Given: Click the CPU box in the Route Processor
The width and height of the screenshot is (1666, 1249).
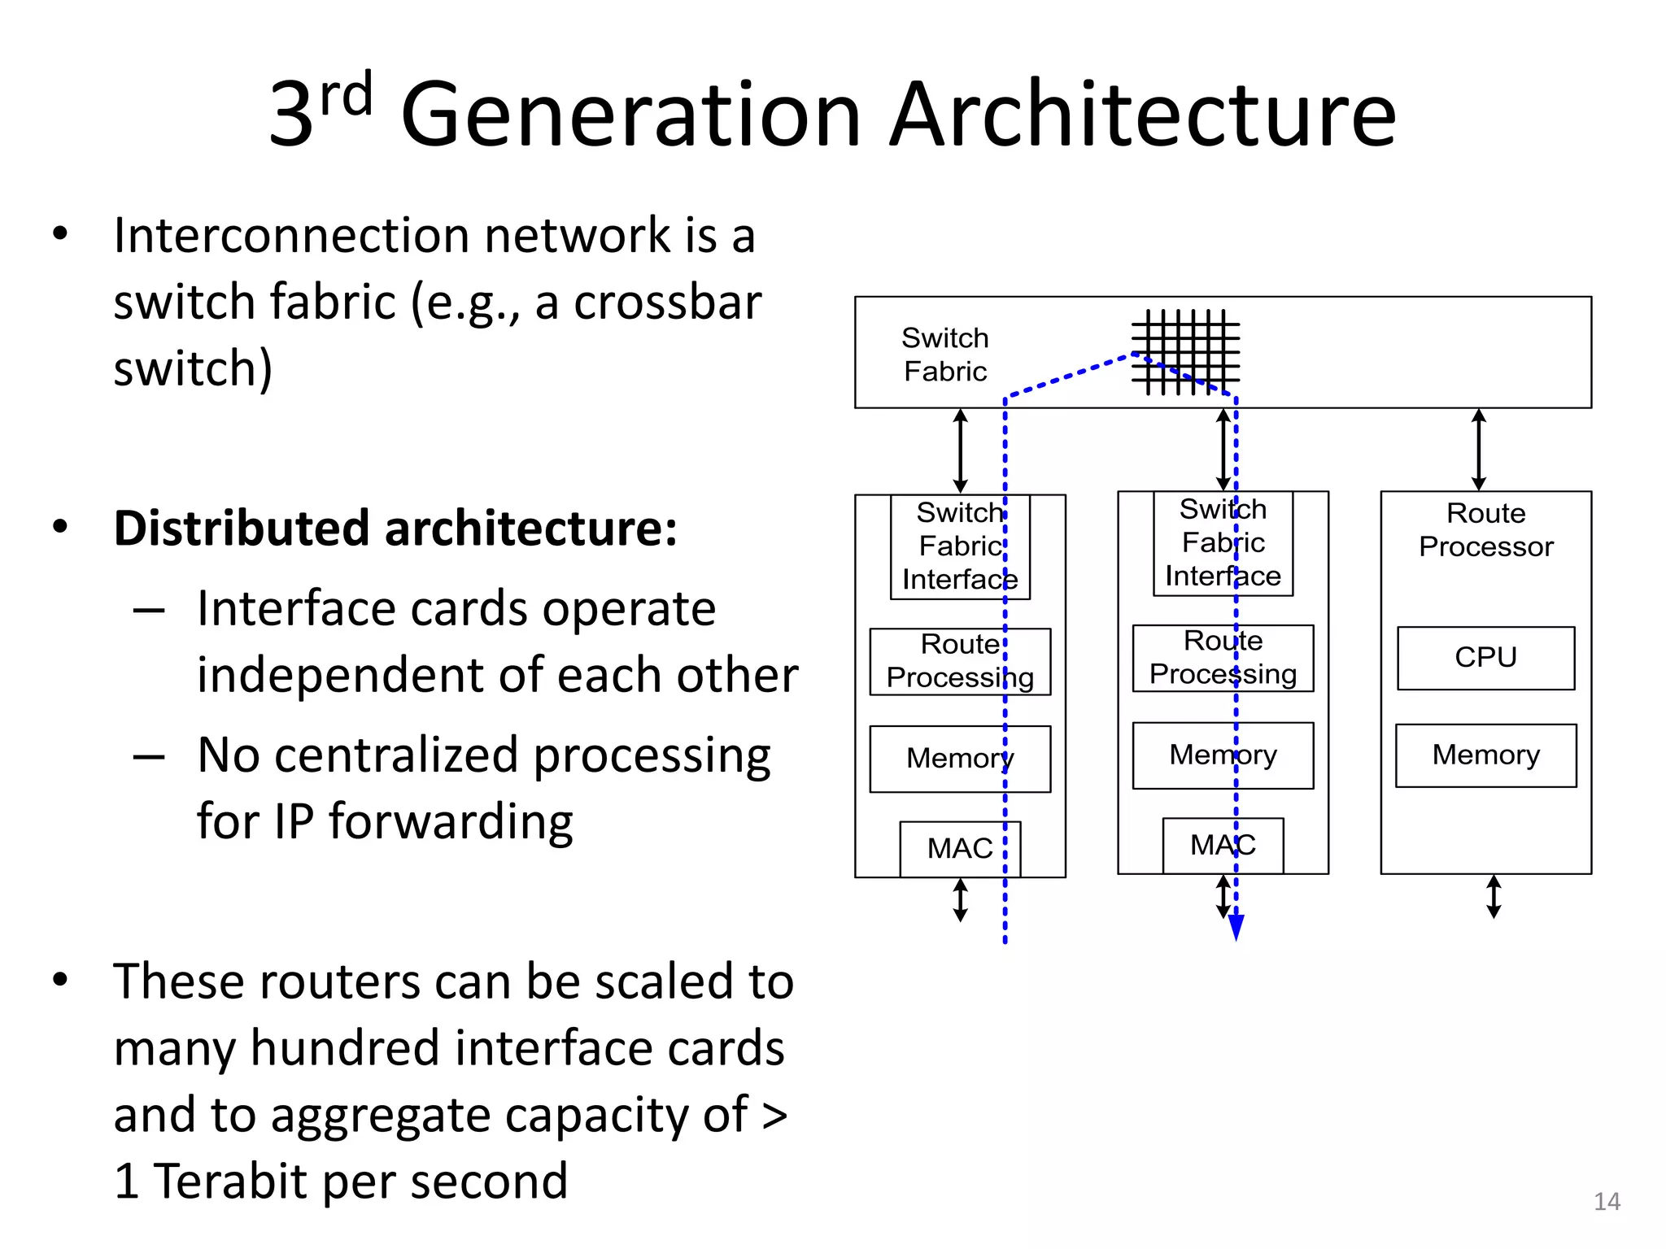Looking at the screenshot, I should click(1485, 658).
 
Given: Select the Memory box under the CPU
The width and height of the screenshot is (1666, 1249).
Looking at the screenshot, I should click(1485, 755).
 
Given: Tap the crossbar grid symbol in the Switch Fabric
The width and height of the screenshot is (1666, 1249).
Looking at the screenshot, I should click(1185, 352).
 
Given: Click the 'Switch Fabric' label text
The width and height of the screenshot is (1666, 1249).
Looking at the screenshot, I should click(945, 355).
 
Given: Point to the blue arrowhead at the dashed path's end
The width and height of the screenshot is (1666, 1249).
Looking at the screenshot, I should click(1236, 927).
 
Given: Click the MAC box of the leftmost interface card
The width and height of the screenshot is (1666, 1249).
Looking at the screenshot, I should click(960, 849).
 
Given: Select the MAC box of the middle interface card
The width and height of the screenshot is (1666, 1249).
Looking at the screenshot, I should click(1223, 846).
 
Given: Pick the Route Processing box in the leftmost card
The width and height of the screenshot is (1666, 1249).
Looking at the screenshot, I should click(960, 661).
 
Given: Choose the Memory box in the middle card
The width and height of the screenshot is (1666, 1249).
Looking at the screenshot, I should click(1223, 755).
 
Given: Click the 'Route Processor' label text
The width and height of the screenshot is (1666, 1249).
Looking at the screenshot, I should click(1485, 530).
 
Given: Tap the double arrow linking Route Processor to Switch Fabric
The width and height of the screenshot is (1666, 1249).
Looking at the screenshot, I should click(1479, 450).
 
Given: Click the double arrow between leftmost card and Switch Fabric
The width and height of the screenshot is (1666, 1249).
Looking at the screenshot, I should click(961, 450).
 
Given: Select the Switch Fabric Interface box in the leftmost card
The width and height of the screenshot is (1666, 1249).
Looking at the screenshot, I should click(960, 546).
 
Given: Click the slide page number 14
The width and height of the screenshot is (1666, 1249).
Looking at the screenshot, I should click(1607, 1201).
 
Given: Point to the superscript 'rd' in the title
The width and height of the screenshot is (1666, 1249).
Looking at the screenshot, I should click(347, 94).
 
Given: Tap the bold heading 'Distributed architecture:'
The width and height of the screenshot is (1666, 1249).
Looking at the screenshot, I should click(395, 529).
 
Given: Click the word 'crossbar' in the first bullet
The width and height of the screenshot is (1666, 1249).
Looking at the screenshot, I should click(667, 302).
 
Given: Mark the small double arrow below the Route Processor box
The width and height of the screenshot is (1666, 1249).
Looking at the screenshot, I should click(1494, 897).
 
